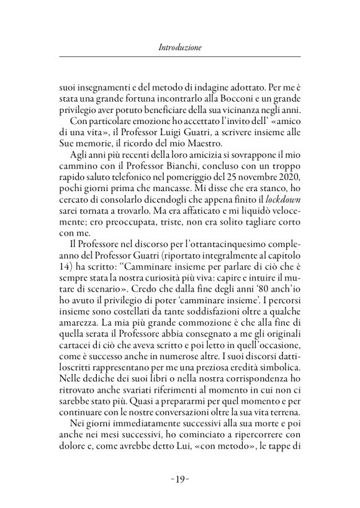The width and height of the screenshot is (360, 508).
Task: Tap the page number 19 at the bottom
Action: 179,480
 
